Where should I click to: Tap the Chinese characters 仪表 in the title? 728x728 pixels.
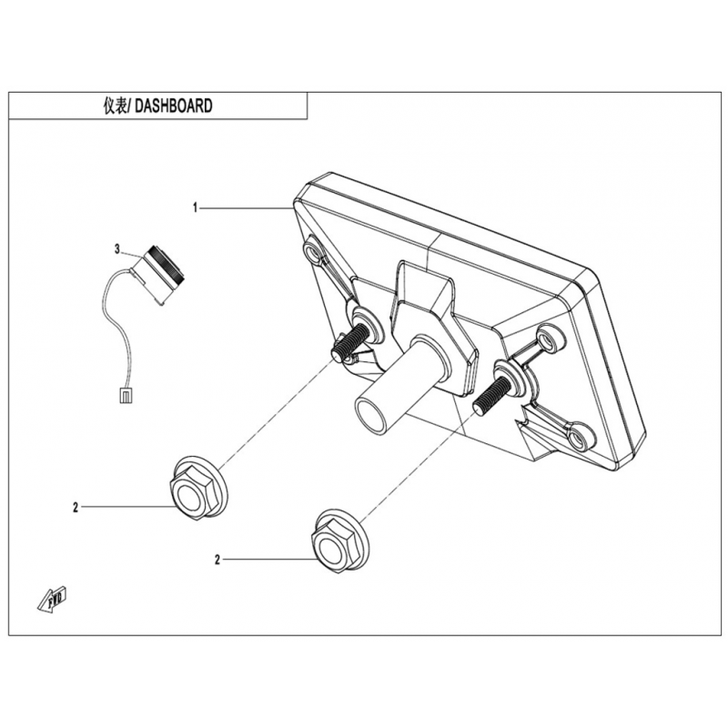click(x=117, y=106)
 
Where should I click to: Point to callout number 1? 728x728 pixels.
click(x=195, y=208)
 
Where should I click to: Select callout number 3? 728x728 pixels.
click(x=117, y=248)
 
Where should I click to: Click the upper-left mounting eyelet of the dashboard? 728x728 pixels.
click(x=314, y=252)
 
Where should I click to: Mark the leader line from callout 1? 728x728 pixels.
click(x=246, y=208)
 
